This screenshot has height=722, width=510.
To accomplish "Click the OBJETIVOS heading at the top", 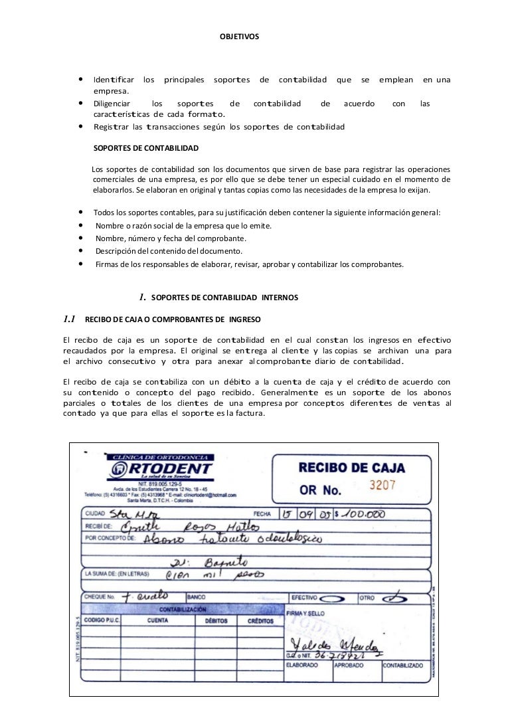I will pyautogui.click(x=241, y=35).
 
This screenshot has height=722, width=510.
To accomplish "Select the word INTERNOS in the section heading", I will pyautogui.click(x=280, y=297).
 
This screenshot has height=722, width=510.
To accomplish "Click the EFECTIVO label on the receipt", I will pyautogui.click(x=305, y=597).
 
